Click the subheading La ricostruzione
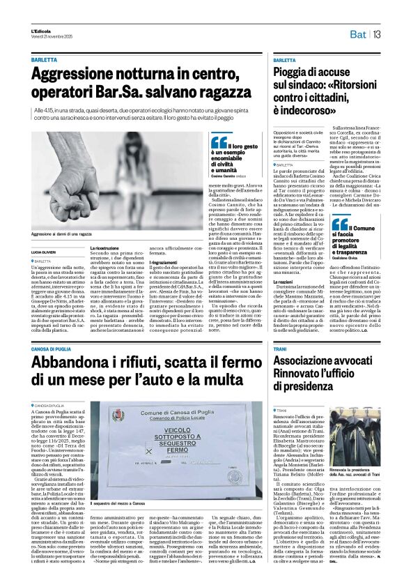104,247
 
